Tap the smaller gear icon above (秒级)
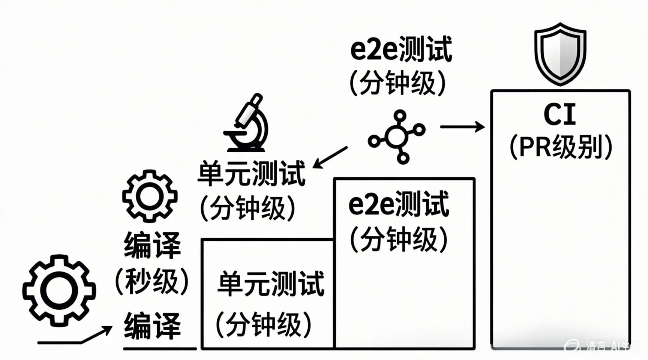[150, 196]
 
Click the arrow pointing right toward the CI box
[462, 127]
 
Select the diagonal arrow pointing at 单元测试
[330, 157]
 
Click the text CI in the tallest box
[559, 115]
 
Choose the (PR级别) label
[561, 147]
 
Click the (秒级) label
[152, 281]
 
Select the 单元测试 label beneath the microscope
[251, 173]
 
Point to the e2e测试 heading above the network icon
[401, 49]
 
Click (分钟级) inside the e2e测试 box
[399, 239]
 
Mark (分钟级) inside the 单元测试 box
[264, 324]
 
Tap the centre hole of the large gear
[59, 291]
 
